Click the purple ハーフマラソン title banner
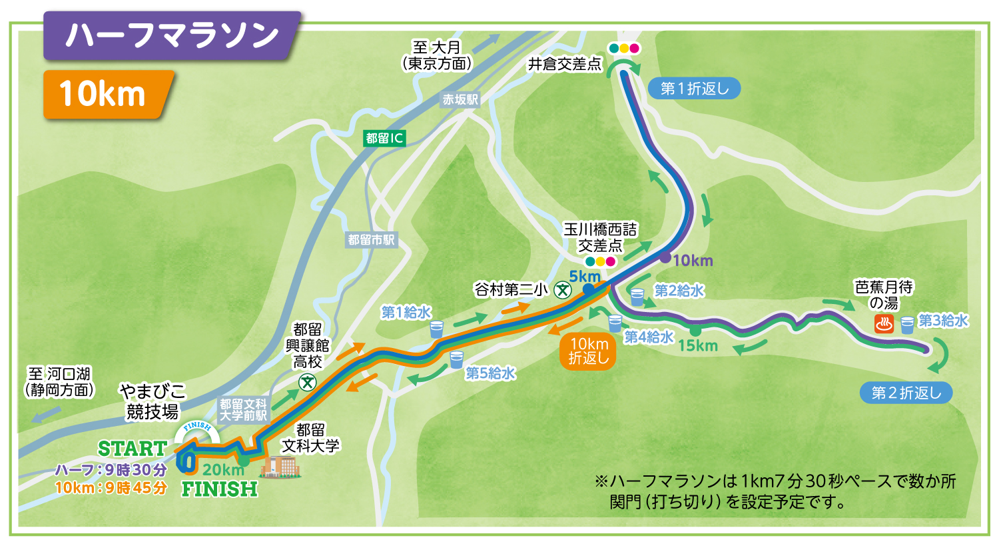[170, 35]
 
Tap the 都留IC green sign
[385, 138]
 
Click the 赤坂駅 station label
[460, 99]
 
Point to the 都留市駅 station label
[371, 240]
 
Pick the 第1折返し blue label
[694, 88]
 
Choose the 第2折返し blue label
[906, 393]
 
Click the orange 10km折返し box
[588, 351]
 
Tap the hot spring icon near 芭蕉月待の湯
[884, 325]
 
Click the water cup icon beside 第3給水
[907, 325]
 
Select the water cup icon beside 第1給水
[436, 329]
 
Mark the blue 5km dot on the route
[589, 289]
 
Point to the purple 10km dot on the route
[665, 257]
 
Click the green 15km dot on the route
[695, 330]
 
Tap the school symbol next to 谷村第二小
[563, 290]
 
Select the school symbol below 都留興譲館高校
[307, 382]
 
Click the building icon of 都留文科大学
[280, 466]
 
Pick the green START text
[132, 448]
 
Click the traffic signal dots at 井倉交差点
[623, 48]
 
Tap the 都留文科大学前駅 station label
[243, 409]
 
